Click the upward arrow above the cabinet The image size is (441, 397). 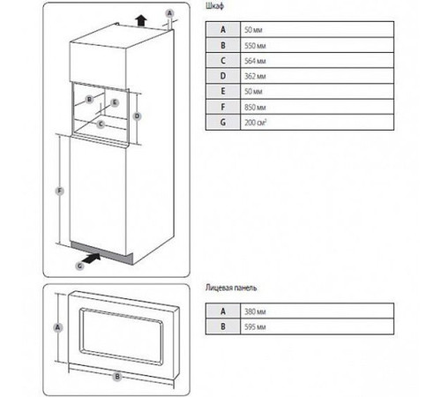pos(141,21)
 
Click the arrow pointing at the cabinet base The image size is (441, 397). pos(92,258)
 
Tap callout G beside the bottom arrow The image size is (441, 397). pos(80,266)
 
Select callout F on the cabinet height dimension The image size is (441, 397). pos(60,191)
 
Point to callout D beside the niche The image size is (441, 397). pos(137,116)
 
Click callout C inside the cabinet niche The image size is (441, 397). pos(101,124)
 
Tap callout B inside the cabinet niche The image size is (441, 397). pos(89,100)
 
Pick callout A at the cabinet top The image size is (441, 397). pos(169,13)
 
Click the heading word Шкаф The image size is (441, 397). pos(214,6)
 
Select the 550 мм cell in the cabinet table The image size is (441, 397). pos(318,45)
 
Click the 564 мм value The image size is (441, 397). pos(255,61)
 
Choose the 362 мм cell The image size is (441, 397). pos(318,76)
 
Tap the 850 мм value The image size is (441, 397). pos(255,107)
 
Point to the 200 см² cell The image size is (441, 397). pos(318,122)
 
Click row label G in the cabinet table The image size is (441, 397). pos(223,122)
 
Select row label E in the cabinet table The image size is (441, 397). pos(223,91)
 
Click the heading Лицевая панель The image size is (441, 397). pos(231,288)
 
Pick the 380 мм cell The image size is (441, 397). pos(318,311)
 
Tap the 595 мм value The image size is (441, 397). pos(255,326)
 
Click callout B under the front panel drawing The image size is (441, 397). pos(117,376)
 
